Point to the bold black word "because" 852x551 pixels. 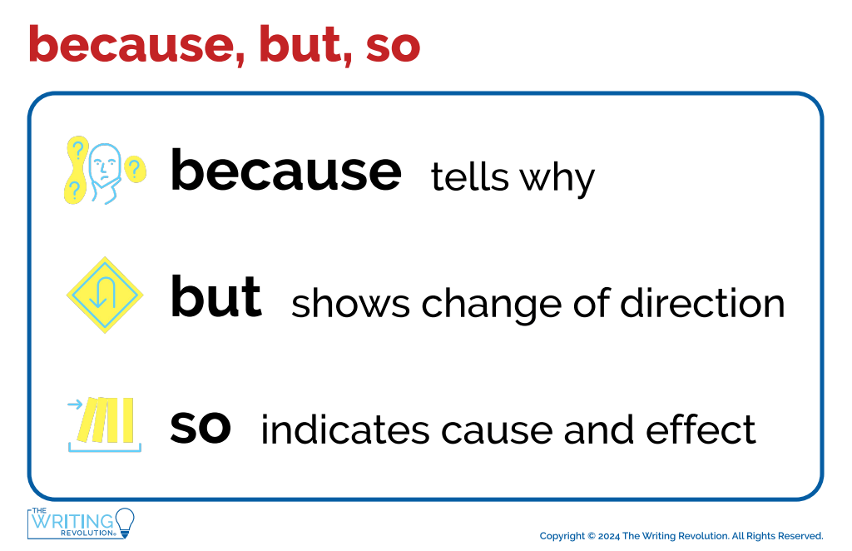point(286,170)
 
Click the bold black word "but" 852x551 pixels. point(216,296)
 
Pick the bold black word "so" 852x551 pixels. point(201,428)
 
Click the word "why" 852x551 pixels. point(557,179)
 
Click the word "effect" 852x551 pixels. point(701,429)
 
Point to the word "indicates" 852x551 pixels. point(345,429)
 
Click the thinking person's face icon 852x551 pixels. point(106,171)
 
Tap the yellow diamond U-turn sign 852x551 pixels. point(105,295)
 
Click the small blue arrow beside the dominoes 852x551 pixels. point(75,405)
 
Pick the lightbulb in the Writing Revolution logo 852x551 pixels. point(125,523)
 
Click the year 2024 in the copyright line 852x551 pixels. point(608,536)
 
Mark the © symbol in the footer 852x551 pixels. point(592,536)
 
